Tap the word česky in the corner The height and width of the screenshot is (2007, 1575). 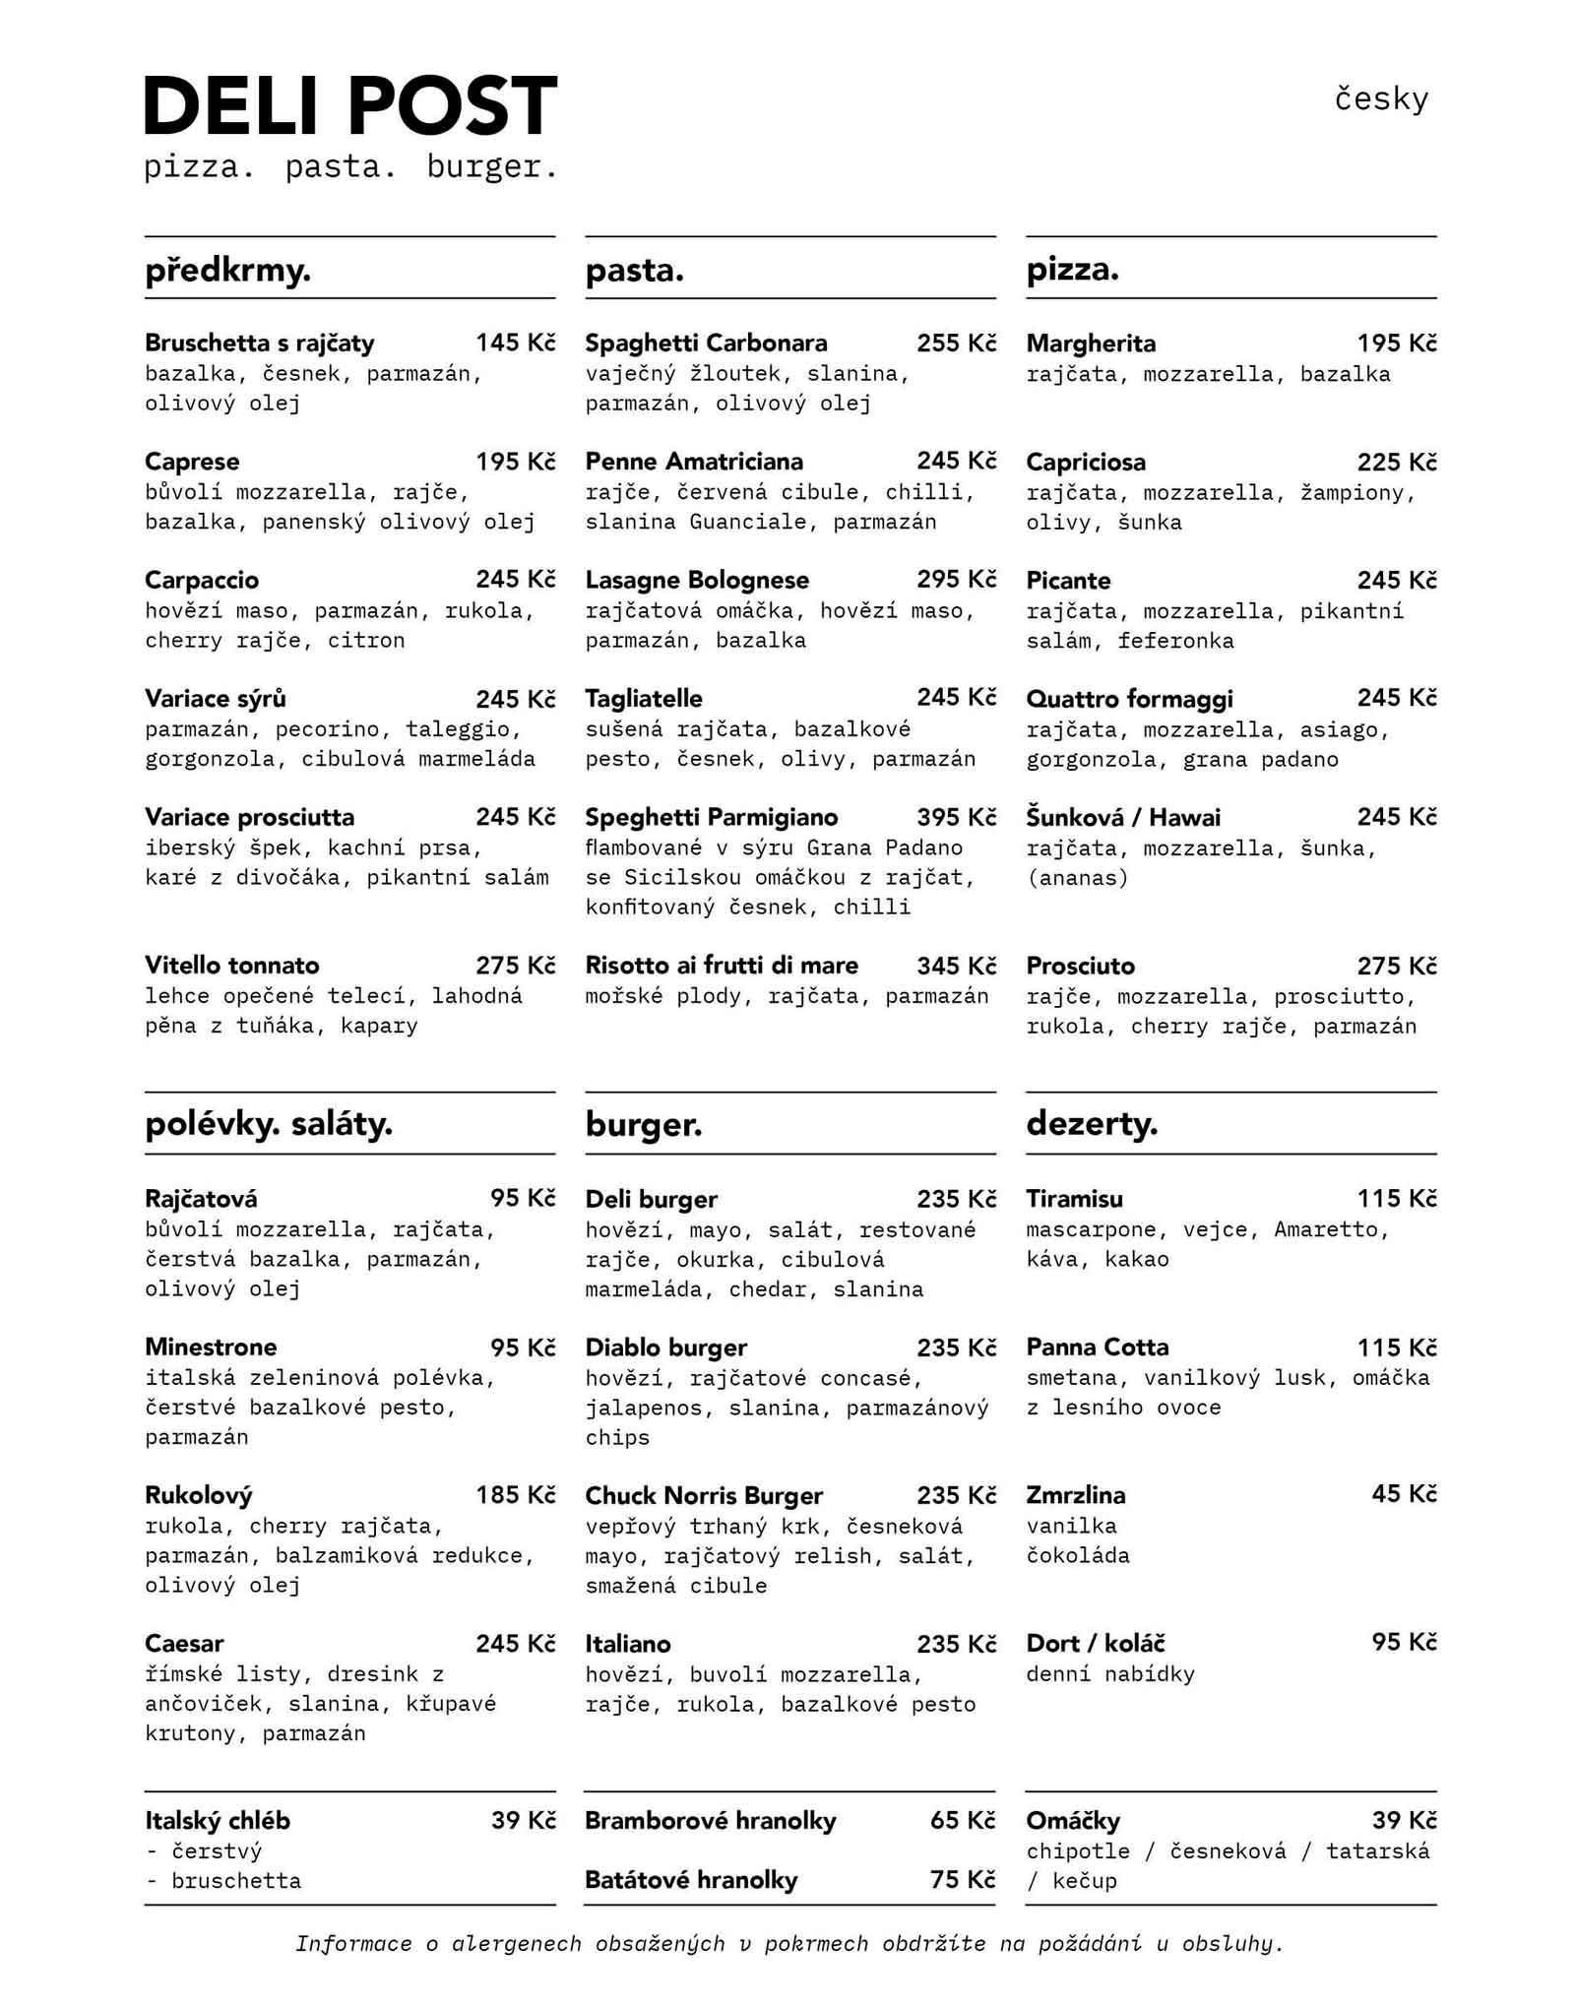(1381, 98)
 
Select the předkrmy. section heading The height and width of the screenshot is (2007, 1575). (227, 270)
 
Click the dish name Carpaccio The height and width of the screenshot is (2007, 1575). (202, 580)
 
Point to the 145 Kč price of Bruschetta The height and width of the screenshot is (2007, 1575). (515, 343)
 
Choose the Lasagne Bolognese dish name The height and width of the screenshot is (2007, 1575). (697, 580)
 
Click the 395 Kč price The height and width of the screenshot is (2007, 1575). (956, 817)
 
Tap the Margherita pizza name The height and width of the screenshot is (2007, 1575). (1091, 344)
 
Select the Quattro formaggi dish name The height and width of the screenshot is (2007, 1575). (1129, 699)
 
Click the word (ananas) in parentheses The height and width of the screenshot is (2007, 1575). (1077, 877)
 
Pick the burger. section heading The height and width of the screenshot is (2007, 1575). (644, 1124)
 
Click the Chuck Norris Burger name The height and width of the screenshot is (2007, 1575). (704, 1495)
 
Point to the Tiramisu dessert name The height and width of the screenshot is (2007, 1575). (1074, 1199)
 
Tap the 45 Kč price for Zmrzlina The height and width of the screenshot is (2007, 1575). (1404, 1494)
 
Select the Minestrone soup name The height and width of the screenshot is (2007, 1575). (211, 1347)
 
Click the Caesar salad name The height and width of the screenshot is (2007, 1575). (184, 1643)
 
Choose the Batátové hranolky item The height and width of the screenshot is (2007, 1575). (691, 1880)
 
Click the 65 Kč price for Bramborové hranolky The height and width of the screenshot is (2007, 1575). (962, 1820)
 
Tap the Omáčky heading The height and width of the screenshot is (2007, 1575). (1073, 1821)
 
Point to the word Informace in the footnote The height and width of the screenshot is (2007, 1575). (353, 1944)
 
